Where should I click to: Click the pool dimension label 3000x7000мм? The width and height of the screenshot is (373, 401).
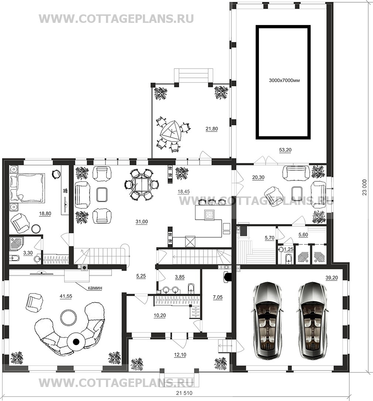click(284, 80)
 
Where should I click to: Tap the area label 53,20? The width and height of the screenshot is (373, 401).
click(285, 150)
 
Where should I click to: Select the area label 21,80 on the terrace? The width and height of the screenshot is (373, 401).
click(212, 129)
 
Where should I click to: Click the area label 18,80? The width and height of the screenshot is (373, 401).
click(45, 213)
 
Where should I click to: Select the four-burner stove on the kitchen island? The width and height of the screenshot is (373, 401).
click(209, 214)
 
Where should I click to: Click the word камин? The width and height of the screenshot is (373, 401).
click(95, 288)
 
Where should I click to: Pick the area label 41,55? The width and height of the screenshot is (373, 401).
click(66, 296)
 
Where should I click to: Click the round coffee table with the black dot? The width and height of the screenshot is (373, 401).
click(76, 341)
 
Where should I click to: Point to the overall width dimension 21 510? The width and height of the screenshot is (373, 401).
click(184, 393)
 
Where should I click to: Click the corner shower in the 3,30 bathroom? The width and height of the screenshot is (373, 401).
click(17, 245)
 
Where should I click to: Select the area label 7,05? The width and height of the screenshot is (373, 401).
click(218, 297)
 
